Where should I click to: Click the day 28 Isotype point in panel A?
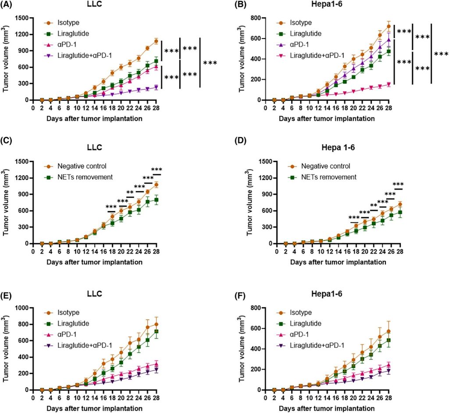pyautogui.click(x=156, y=41)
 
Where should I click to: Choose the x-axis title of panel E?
pyautogui.click(x=88, y=408)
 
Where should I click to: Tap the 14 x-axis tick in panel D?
pyautogui.click(x=326, y=251)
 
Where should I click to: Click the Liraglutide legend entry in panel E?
pyautogui.click(x=73, y=323)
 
